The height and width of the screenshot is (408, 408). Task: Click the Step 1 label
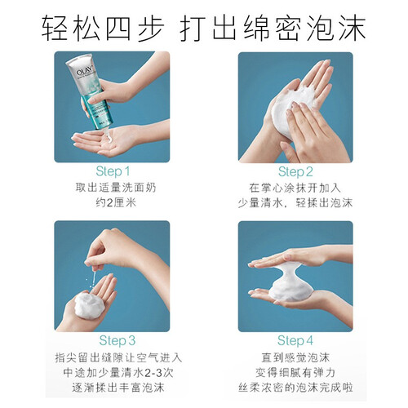pos(113,171)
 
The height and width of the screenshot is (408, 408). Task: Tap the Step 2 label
pos(295,171)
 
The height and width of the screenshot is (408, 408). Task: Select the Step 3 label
pos(118,340)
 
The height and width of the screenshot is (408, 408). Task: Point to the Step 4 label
pos(295,340)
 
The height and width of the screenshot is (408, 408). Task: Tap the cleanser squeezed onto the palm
pos(112,137)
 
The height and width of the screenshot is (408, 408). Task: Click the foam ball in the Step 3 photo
pos(89,304)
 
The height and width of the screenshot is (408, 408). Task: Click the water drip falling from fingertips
pos(94,279)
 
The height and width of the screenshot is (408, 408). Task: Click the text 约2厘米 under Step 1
pos(116,202)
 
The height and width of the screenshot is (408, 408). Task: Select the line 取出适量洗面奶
pos(116,188)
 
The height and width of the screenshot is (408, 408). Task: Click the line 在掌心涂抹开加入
pos(295,188)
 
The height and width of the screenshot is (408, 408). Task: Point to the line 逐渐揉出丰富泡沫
pos(118,388)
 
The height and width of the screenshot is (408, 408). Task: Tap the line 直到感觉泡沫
pos(295,357)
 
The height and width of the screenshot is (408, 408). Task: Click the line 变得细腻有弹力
pos(295,373)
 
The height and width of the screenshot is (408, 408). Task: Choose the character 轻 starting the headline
pos(55,28)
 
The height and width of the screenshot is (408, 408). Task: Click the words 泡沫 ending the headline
pos(336,28)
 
